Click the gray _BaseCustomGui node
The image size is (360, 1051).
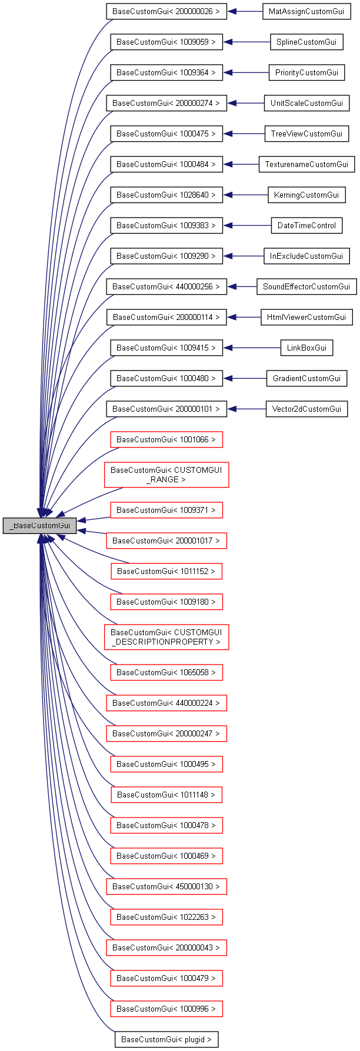39,526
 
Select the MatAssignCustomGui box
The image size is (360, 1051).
306,12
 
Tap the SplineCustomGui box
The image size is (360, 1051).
306,42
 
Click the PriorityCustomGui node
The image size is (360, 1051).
306,73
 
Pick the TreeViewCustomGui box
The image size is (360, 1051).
306,134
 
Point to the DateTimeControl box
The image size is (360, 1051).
306,226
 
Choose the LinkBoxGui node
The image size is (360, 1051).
306,348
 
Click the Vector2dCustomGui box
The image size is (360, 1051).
306,409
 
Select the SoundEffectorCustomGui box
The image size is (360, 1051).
306,287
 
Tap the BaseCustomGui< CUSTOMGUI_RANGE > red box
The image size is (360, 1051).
166,475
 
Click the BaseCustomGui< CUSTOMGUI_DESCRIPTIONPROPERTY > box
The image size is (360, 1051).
166,637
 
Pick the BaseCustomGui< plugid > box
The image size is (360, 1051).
166,1039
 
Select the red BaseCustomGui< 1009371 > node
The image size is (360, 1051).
166,511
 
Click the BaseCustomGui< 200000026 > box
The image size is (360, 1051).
166,12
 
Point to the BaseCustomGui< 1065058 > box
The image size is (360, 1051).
166,672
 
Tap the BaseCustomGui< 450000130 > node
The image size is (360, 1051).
166,886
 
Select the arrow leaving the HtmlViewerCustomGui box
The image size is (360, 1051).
244,318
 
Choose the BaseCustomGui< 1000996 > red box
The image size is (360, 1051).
166,1009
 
